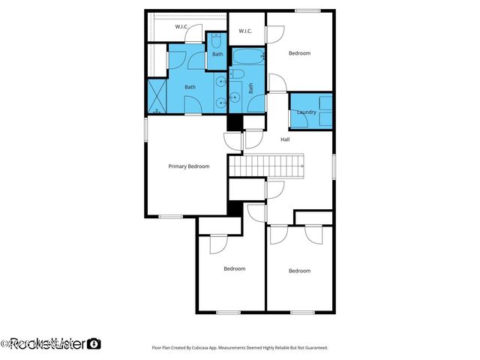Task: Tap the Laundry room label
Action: pyautogui.click(x=306, y=112)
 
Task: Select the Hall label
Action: pyautogui.click(x=285, y=139)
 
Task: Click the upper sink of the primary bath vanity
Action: pyautogui.click(x=220, y=82)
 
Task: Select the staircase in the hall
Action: pyautogui.click(x=266, y=164)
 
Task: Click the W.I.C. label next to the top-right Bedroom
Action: pyautogui.click(x=245, y=31)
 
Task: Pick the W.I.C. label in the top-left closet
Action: pyautogui.click(x=181, y=27)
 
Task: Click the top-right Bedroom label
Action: pyautogui.click(x=299, y=53)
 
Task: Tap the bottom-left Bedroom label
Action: pyautogui.click(x=234, y=268)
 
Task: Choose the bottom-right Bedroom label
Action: pyautogui.click(x=299, y=271)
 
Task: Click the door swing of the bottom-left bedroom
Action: pyautogui.click(x=218, y=243)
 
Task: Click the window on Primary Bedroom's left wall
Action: pyautogui.click(x=146, y=127)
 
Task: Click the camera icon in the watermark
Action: pyautogui.click(x=94, y=343)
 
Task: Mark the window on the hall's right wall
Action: pyautogui.click(x=334, y=166)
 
